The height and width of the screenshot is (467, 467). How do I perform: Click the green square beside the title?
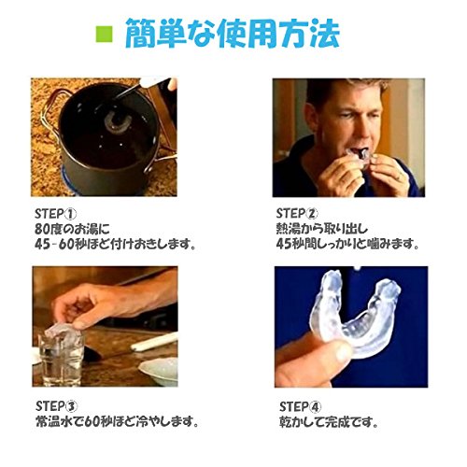(104, 34)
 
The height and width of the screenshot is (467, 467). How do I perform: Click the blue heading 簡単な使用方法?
(232, 34)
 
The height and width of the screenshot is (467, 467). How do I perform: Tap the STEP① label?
(55, 214)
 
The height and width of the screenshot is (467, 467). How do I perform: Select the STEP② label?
(297, 213)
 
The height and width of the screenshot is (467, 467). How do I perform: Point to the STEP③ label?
(57, 406)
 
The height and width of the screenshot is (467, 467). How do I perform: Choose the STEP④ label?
(301, 406)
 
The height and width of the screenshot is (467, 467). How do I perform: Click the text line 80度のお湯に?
(72, 229)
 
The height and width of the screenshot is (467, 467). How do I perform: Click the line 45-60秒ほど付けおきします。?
(116, 244)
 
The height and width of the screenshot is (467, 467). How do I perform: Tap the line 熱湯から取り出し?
(322, 229)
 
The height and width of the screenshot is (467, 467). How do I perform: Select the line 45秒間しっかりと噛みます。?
(347, 244)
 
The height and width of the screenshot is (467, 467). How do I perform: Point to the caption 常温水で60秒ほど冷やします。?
(117, 422)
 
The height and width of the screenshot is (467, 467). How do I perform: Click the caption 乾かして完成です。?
(329, 422)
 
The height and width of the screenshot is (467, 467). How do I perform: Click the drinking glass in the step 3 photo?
(61, 358)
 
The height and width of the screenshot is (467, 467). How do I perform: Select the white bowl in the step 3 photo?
(158, 372)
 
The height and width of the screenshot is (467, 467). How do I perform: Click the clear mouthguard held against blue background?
(355, 315)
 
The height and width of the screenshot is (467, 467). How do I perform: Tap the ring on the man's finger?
(400, 177)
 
